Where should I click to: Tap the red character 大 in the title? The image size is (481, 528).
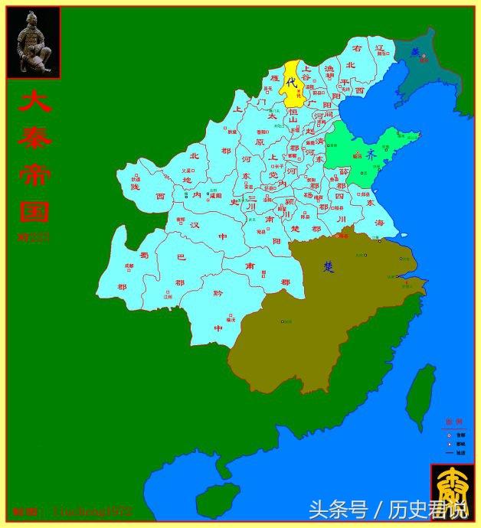pyautogui.click(x=34, y=103)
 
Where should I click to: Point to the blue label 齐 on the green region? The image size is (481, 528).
pyautogui.click(x=371, y=154)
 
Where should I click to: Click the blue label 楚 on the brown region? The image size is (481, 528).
pyautogui.click(x=329, y=266)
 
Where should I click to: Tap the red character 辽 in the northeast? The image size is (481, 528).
pyautogui.click(x=378, y=48)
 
